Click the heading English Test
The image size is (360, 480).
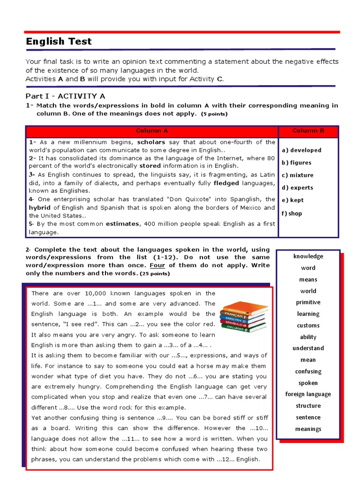59,42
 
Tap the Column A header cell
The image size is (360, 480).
151,131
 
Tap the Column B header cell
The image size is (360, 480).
308,131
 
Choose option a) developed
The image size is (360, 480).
301,150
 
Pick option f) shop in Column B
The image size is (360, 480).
292,213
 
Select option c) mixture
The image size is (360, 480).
298,175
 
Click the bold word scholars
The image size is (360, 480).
151,142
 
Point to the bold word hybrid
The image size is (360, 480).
39,208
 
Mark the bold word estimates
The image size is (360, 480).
122,224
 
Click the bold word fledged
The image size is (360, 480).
226,183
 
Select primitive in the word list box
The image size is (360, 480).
308,302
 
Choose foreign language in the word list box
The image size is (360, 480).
308,394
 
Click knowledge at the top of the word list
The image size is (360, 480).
308,256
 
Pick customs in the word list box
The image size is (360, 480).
308,325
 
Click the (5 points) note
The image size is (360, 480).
214,114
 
